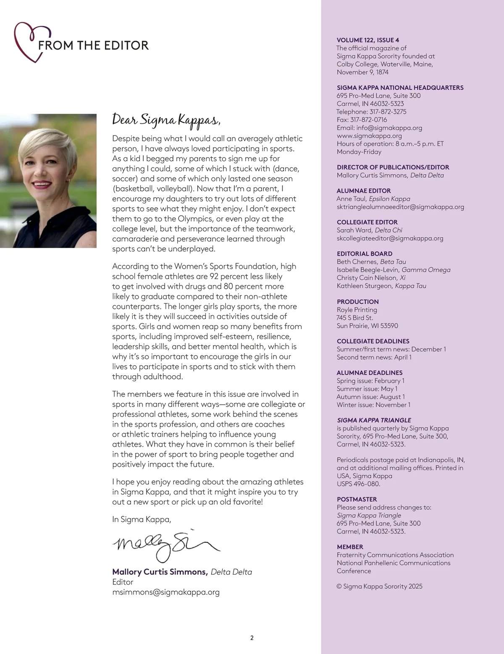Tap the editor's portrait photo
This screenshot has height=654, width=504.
pyautogui.click(x=48, y=181)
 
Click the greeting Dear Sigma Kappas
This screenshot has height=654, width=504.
pyautogui.click(x=166, y=120)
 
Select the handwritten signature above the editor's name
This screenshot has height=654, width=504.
pyautogui.click(x=166, y=544)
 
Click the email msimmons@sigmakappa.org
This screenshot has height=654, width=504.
pyautogui.click(x=166, y=592)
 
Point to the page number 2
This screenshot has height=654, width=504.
pyautogui.click(x=252, y=638)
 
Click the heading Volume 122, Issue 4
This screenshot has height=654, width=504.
pyautogui.click(x=368, y=40)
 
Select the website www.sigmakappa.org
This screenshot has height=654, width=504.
pyautogui.click(x=369, y=136)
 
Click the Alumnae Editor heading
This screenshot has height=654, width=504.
pyautogui.click(x=364, y=191)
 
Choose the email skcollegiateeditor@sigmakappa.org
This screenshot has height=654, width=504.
pyautogui.click(x=390, y=238)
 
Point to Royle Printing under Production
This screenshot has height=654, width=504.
pyautogui.click(x=357, y=310)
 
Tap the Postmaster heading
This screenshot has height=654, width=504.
pyautogui.click(x=357, y=499)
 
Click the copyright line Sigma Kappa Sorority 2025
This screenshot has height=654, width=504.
pyautogui.click(x=380, y=586)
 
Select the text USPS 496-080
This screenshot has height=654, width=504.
pyautogui.click(x=358, y=484)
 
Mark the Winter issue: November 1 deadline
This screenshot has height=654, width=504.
pyautogui.click(x=373, y=405)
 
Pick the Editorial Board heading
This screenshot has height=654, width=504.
pyautogui.click(x=365, y=254)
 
